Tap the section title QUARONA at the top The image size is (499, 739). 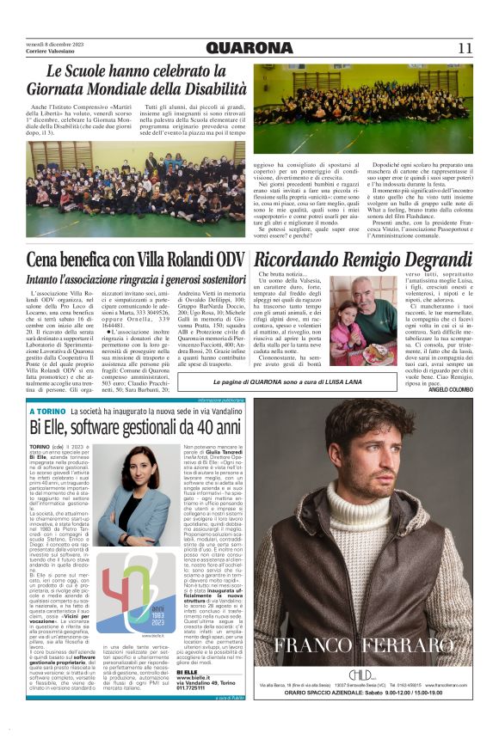[x=249, y=47]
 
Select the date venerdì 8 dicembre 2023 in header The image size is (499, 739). [x=58, y=43]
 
